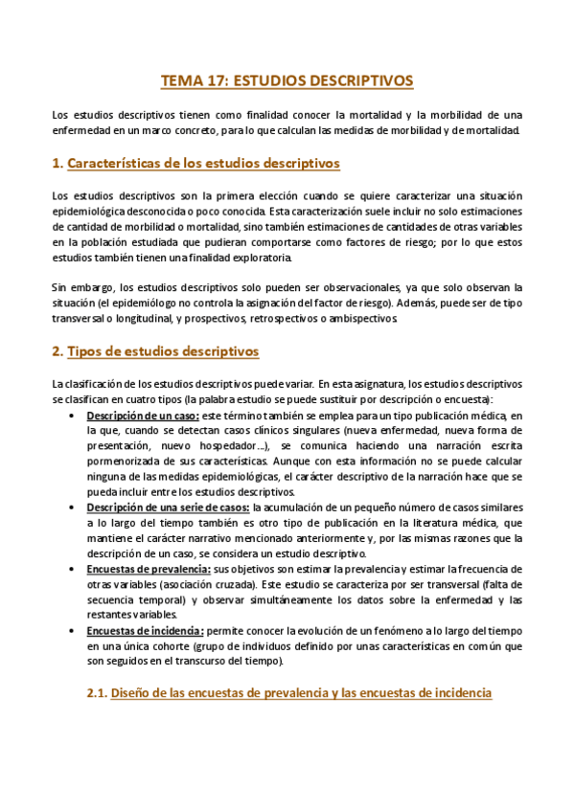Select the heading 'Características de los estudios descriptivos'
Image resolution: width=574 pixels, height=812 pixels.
click(203, 164)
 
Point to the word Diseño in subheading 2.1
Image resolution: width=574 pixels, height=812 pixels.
click(134, 691)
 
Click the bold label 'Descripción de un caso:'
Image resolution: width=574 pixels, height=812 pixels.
click(143, 416)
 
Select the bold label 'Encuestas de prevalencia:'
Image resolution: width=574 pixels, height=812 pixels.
click(148, 569)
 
